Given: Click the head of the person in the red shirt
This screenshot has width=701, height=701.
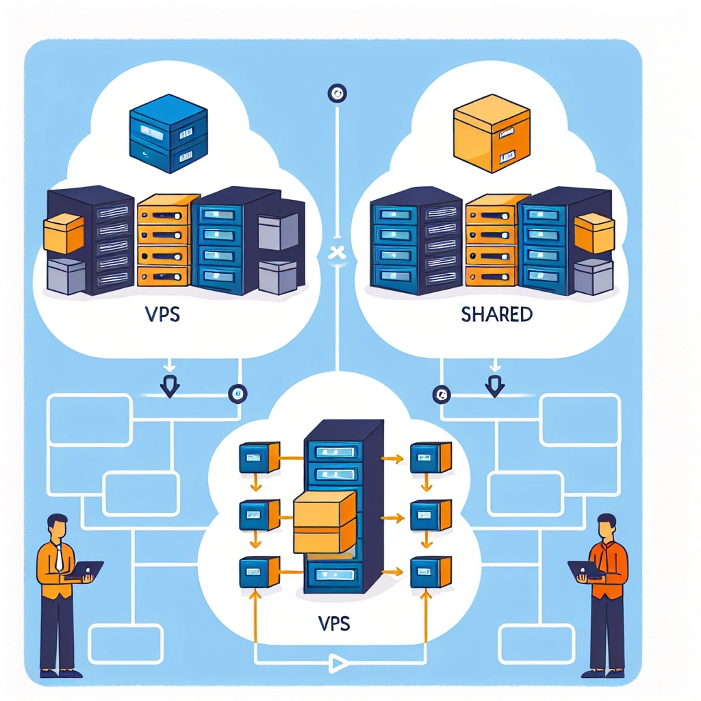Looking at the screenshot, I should [607, 527].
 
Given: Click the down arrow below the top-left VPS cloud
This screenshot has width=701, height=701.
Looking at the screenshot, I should [169, 388].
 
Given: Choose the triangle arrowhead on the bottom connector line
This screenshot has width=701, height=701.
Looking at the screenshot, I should [335, 661].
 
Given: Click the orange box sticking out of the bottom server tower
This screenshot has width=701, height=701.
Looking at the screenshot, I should [324, 524].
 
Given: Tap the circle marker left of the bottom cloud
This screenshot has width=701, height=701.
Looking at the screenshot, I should [238, 394].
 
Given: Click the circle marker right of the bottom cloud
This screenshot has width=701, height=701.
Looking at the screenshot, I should [440, 394].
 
